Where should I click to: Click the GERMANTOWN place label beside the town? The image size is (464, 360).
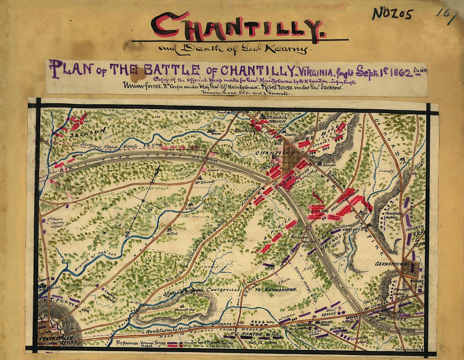click(387, 264)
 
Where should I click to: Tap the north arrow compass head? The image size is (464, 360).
click(158, 169)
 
